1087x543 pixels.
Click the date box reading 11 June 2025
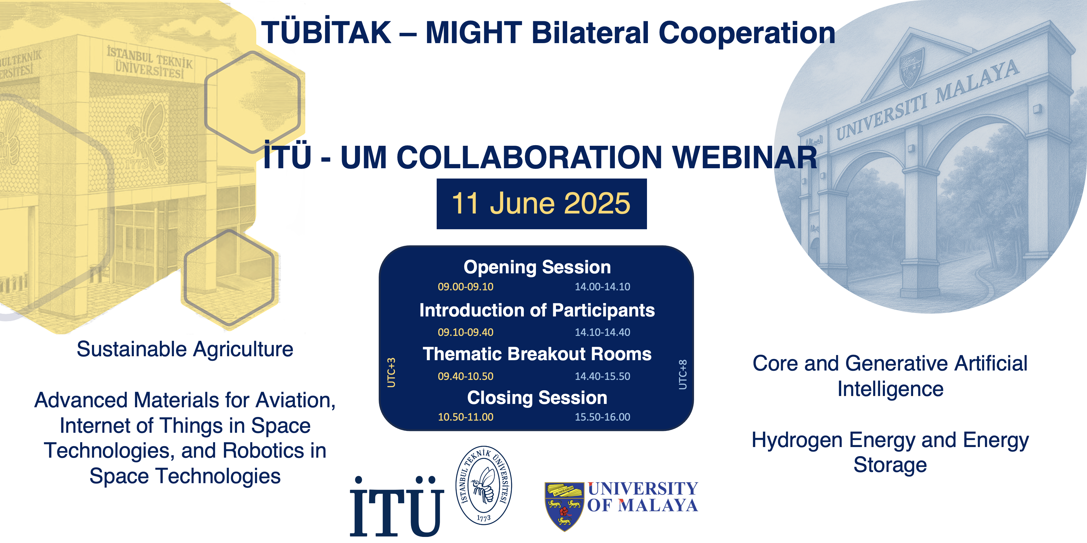(x=541, y=204)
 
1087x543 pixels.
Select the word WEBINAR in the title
(x=745, y=158)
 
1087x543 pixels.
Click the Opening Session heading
(x=537, y=267)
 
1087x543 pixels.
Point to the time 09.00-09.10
(x=466, y=287)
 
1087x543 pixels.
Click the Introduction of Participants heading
(x=537, y=310)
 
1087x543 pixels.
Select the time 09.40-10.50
(x=466, y=376)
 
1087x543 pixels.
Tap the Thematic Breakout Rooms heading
(x=537, y=354)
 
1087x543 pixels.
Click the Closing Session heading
(x=537, y=398)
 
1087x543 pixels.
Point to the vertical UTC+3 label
(x=391, y=372)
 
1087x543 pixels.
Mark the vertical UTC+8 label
(x=682, y=374)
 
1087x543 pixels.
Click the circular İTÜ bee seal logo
(x=484, y=486)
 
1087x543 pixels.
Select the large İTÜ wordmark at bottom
(x=397, y=506)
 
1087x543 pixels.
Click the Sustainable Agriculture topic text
(x=185, y=349)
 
